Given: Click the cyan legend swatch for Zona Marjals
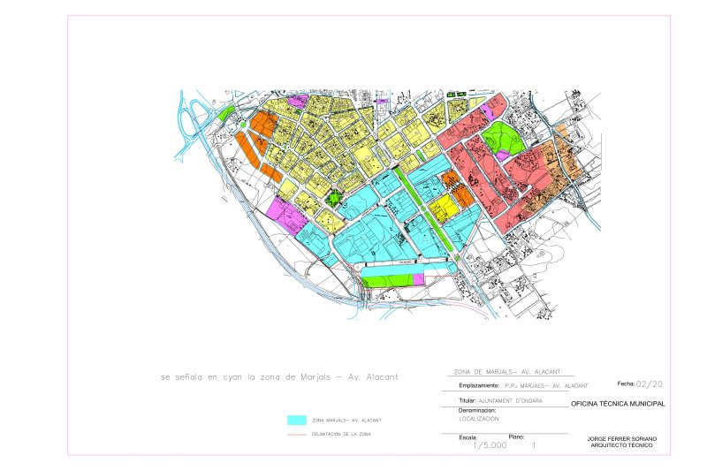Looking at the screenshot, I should click(x=297, y=420).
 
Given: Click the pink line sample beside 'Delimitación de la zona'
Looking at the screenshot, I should click(x=297, y=435).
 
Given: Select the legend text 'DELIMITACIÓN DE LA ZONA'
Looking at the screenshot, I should click(x=342, y=435).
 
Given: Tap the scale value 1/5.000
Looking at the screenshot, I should click(x=490, y=446).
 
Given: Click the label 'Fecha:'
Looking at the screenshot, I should click(x=626, y=384).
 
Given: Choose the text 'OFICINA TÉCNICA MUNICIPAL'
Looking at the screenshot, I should click(x=618, y=404).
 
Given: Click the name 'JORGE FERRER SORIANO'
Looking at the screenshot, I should click(x=622, y=438).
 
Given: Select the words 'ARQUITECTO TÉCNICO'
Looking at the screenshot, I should click(x=622, y=444).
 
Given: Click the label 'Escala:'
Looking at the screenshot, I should click(x=468, y=437).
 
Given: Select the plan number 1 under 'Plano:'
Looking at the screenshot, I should click(x=534, y=446).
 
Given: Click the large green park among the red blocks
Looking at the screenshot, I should click(x=501, y=139).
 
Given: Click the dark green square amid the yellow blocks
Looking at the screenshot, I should click(x=333, y=198).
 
